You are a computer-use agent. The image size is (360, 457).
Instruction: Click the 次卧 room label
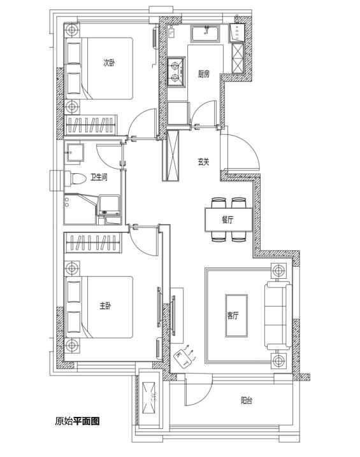point(109,62)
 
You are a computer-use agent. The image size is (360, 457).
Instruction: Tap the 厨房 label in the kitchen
point(204,74)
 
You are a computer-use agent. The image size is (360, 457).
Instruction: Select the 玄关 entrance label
point(204,162)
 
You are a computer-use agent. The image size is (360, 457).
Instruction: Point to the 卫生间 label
point(99,177)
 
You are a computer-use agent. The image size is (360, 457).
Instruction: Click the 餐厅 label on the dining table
point(227,220)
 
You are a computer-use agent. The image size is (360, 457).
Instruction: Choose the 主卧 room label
point(105,306)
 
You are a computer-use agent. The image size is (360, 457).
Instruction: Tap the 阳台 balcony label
point(247,400)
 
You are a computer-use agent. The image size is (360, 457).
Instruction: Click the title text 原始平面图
point(77,421)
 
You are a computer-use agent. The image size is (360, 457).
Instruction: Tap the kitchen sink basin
point(206,34)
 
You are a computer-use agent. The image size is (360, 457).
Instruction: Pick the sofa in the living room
point(278,316)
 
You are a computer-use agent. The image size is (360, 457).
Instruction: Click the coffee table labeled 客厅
point(236,316)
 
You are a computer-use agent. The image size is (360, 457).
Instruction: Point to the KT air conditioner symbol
point(183,359)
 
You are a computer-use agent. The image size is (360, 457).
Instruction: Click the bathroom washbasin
point(75,152)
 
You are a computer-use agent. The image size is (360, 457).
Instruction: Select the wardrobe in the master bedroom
point(93,243)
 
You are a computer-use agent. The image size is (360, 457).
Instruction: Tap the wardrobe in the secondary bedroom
point(90,125)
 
